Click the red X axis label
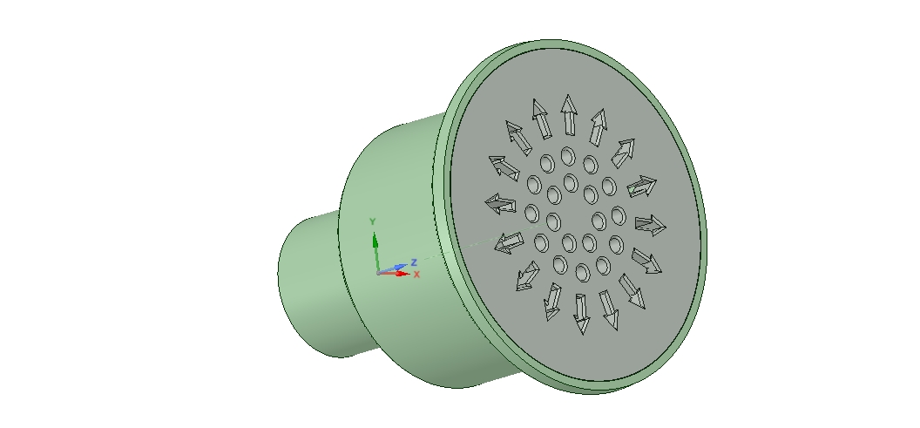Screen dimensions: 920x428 tap(416, 275)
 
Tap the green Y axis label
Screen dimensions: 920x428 tap(372, 221)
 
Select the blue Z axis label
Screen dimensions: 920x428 tap(414, 262)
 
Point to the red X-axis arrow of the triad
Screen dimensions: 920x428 tap(394, 273)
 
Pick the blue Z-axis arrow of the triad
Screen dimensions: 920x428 tap(392, 268)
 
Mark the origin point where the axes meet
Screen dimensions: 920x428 tap(378, 273)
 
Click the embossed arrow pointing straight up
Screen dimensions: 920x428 tap(569, 114)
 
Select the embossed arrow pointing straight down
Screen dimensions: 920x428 tap(581, 314)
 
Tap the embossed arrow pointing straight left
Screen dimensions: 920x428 tap(500, 204)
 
